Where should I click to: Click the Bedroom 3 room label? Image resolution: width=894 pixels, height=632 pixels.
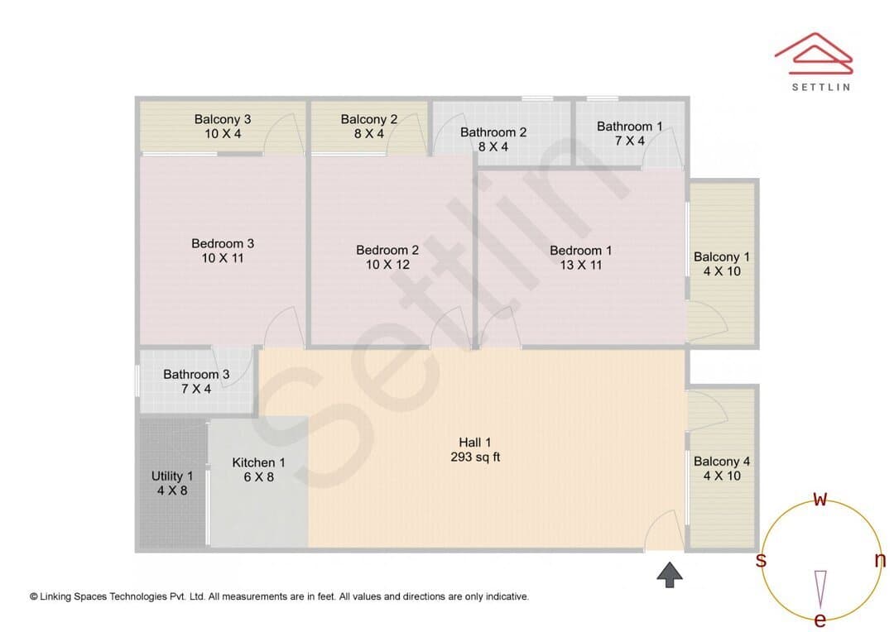[x=223, y=243]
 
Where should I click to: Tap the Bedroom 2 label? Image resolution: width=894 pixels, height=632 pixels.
[x=387, y=250]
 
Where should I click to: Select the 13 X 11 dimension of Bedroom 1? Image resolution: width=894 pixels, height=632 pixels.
[x=580, y=265]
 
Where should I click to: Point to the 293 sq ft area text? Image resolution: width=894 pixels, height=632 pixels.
[x=475, y=457]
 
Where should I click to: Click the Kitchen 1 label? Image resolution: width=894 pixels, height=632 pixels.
[x=258, y=462]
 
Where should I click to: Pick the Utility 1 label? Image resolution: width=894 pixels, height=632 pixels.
[x=172, y=476]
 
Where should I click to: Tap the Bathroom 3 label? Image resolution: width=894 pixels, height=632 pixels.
[x=196, y=375]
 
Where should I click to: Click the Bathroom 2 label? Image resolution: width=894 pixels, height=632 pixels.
[x=493, y=132]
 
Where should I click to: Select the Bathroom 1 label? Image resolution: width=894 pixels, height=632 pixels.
[x=629, y=127]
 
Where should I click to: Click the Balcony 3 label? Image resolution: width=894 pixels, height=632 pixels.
[x=223, y=119]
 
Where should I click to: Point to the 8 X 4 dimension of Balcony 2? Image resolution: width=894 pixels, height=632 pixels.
[x=369, y=134]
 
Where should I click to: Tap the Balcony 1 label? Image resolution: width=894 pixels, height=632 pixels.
[x=722, y=257]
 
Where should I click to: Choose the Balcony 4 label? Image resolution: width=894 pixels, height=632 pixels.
[x=722, y=462]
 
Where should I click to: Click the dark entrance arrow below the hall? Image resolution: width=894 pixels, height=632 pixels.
[x=670, y=574]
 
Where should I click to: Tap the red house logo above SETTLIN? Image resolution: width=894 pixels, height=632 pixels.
[x=814, y=53]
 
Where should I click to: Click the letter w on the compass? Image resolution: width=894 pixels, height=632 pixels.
[x=819, y=499]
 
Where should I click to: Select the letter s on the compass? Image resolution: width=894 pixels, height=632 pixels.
[x=761, y=560]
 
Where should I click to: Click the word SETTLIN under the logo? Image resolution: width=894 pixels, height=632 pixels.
[x=821, y=87]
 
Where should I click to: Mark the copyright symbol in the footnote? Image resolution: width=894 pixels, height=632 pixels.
[x=34, y=596]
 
